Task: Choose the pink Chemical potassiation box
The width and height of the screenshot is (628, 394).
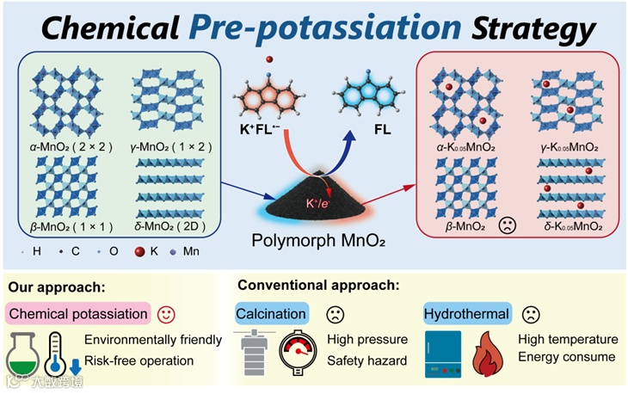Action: pos(78,312)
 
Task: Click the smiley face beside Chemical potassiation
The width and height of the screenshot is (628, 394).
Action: pos(169,311)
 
